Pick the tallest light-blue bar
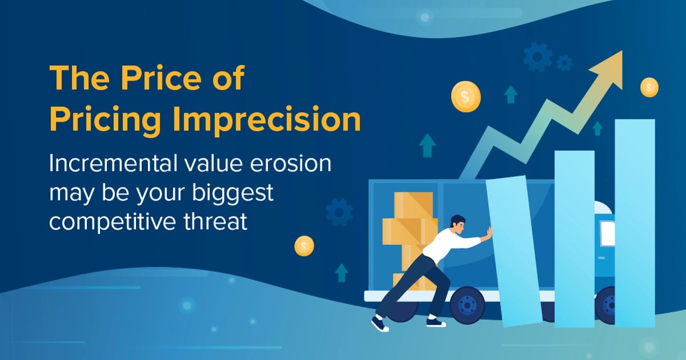(635, 223)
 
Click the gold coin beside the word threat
(304, 246)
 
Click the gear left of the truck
(338, 212)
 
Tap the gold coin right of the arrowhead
(649, 87)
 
